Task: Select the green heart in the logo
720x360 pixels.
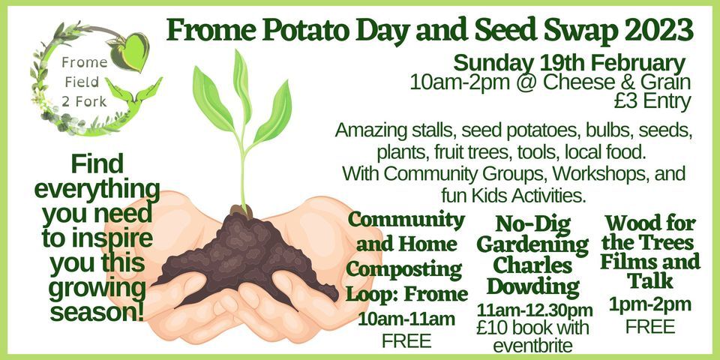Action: [x=130, y=52]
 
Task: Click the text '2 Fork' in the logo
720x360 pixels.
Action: [x=85, y=101]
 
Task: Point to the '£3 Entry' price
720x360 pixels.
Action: [x=652, y=102]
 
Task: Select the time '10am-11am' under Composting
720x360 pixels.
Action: [x=406, y=319]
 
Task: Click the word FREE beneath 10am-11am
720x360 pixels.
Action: [x=406, y=340]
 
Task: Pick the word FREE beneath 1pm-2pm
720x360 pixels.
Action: [x=649, y=326]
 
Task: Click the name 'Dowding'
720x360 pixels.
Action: [x=532, y=287]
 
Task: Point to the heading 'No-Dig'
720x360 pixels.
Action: [x=533, y=224]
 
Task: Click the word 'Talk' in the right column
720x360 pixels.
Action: [x=650, y=281]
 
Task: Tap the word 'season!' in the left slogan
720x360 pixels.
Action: [x=97, y=312]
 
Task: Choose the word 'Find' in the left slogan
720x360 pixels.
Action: [x=97, y=164]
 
